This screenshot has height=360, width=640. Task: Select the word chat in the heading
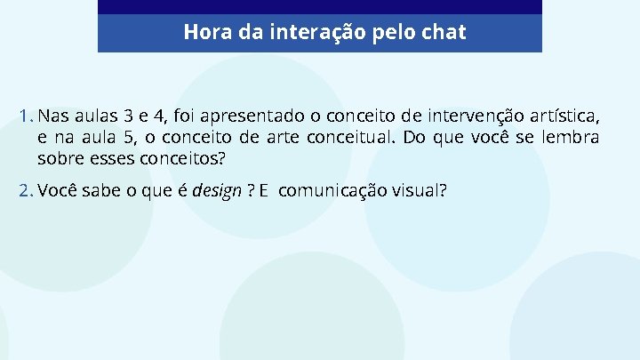(444, 33)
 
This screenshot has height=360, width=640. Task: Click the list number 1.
(25, 116)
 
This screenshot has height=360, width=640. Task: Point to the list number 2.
(25, 189)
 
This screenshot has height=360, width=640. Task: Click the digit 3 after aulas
(130, 116)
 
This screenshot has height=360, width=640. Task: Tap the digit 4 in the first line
(161, 116)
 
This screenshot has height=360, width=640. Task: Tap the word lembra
(570, 138)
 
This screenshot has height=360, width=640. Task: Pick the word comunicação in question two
(340, 190)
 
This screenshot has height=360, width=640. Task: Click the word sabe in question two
(98, 189)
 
